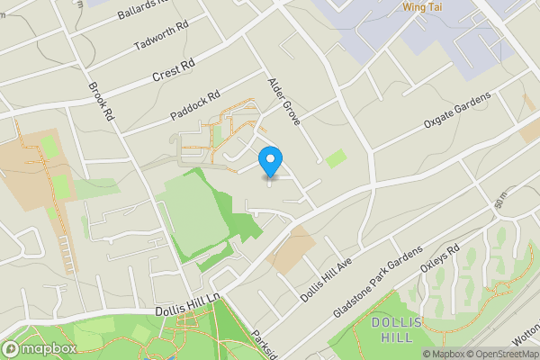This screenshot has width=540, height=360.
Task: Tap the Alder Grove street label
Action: (x=283, y=100)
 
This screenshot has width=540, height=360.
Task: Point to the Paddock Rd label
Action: (x=195, y=106)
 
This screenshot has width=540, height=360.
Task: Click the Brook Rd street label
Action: (x=100, y=102)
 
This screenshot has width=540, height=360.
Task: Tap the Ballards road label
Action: (x=144, y=10)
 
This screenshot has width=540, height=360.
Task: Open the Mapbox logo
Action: (x=37, y=348)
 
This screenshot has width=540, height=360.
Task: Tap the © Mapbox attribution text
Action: (x=443, y=354)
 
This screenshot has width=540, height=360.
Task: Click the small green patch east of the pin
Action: (x=335, y=158)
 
